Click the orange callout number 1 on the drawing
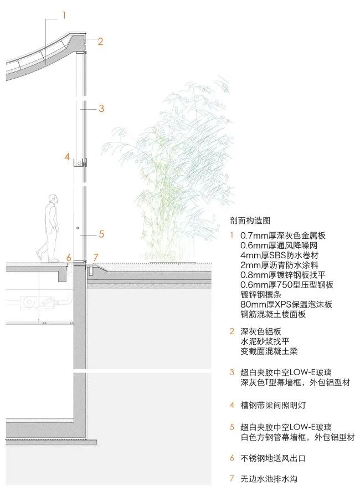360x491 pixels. pos(64,16)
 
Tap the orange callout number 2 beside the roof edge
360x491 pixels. pos(100,41)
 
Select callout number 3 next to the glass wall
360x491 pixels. pos(101,109)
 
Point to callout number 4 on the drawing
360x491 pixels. pos(67,157)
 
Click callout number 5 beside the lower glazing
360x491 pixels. pos(101,234)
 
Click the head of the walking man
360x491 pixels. pos(52,199)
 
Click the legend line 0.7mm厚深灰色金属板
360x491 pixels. pos(283,235)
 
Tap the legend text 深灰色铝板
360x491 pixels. pos(259,331)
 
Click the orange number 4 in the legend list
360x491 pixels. pos(232,405)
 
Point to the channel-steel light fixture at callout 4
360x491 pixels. pos(81,162)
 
